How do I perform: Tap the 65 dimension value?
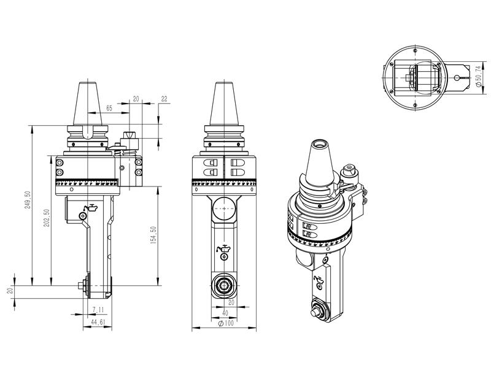[x=109, y=107]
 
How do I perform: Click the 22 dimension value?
[x=164, y=99]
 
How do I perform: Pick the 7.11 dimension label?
[x=98, y=309]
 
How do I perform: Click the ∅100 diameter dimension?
[x=224, y=323]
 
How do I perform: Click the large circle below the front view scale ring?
[x=223, y=212]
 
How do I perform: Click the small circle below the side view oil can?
[x=82, y=216]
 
